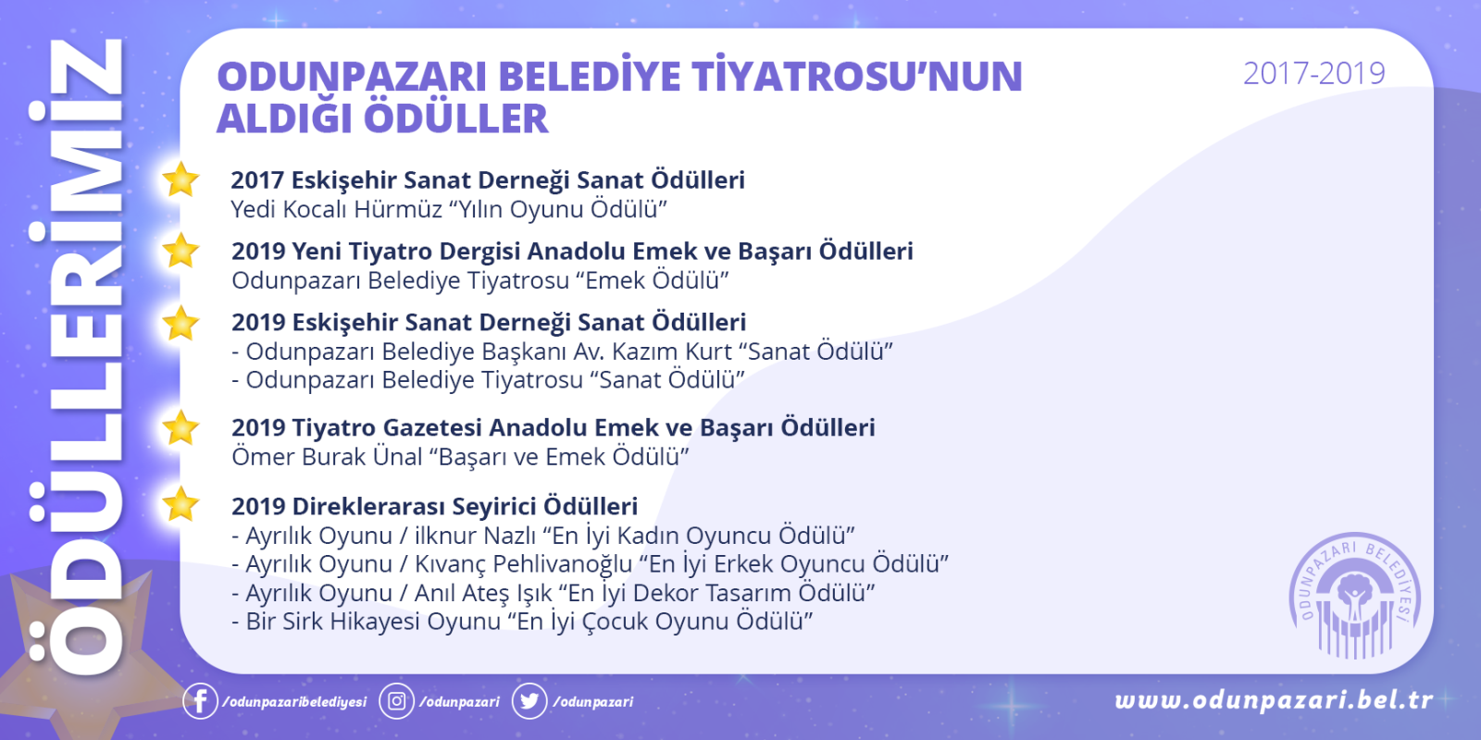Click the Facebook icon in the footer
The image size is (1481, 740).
pyautogui.click(x=200, y=700)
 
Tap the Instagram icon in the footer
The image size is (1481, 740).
pyautogui.click(x=397, y=700)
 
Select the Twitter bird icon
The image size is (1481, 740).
pyautogui.click(x=529, y=700)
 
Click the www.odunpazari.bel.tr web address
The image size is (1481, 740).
pyautogui.click(x=1274, y=700)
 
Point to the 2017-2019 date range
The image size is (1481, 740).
pyautogui.click(x=1313, y=73)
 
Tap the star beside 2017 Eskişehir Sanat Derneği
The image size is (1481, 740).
pyautogui.click(x=180, y=179)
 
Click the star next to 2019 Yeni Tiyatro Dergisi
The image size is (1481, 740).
pyautogui.click(x=180, y=251)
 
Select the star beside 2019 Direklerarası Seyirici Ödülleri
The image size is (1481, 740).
pyautogui.click(x=180, y=505)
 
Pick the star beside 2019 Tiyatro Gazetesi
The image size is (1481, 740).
pyautogui.click(x=180, y=427)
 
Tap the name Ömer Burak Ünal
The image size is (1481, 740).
pyautogui.click(x=328, y=457)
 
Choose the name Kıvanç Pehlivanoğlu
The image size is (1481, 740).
pyautogui.click(x=524, y=564)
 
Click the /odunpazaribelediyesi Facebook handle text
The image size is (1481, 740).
pyautogui.click(x=294, y=702)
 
